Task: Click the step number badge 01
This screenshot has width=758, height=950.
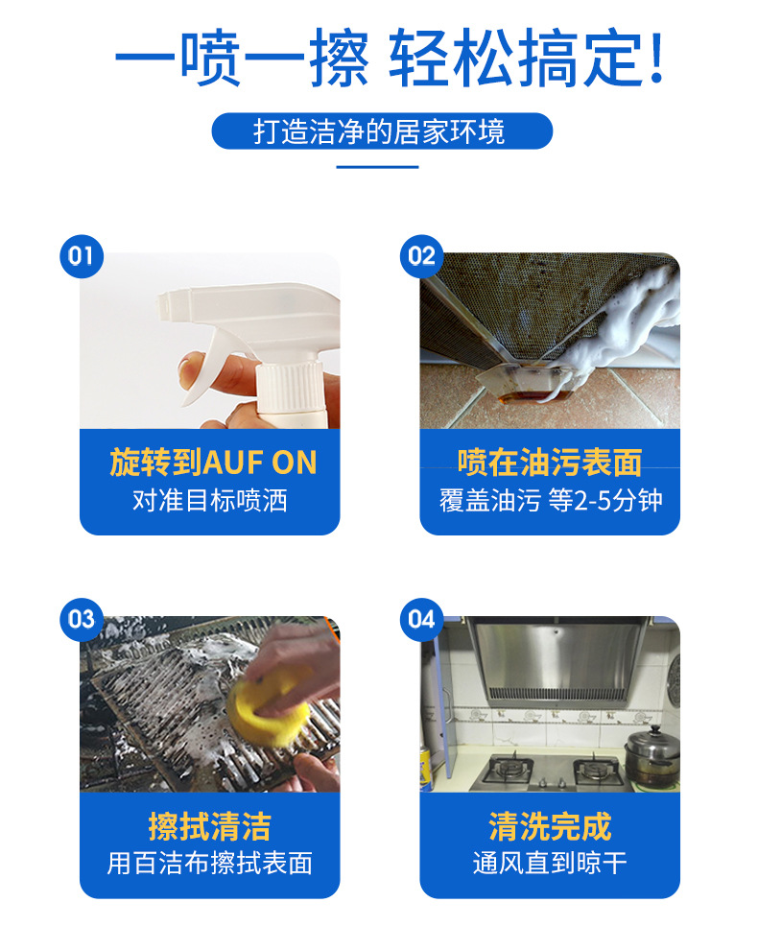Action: (81, 256)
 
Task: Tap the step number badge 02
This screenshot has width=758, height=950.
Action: (421, 256)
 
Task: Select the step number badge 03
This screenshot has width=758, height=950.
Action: (81, 619)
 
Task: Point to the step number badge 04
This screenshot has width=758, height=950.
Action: (421, 619)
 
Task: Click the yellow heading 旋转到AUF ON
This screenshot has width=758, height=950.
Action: (212, 463)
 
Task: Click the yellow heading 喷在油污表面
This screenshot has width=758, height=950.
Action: (550, 463)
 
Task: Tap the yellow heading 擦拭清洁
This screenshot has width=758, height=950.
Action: (209, 826)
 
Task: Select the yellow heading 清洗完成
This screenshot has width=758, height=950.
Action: (550, 826)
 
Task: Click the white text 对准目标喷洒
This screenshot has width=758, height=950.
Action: (209, 500)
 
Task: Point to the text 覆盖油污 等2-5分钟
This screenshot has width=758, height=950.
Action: (550, 500)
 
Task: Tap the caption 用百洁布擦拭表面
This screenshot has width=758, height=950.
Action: (209, 863)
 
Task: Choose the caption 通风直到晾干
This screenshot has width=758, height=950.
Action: (550, 863)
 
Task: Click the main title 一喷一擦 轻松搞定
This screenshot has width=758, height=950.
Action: (389, 59)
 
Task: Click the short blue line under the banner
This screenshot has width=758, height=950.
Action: (378, 167)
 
